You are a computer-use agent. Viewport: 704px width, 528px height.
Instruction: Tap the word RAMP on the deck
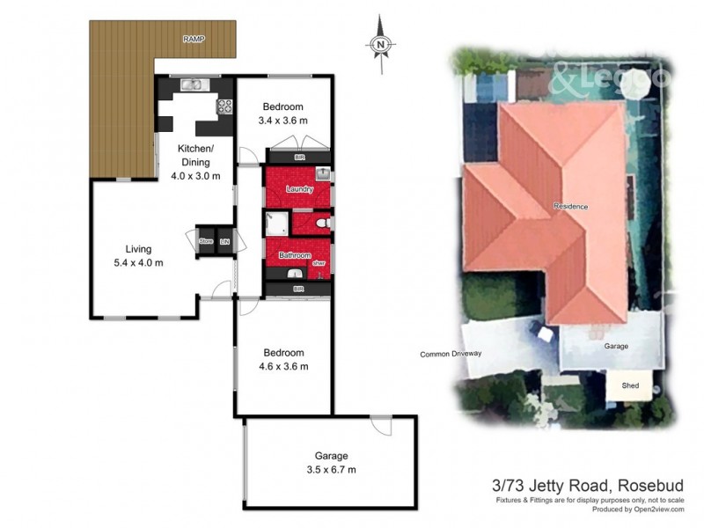[x=193, y=40]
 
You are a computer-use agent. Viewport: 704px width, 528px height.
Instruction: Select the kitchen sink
[x=193, y=85]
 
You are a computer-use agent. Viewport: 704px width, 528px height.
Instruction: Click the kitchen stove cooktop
[x=224, y=107]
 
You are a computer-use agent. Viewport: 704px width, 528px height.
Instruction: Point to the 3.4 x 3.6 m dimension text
[x=282, y=121]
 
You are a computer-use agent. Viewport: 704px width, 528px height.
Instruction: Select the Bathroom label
[x=295, y=255]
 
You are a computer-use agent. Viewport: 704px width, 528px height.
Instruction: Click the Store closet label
[x=207, y=241]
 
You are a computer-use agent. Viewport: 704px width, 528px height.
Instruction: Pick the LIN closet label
[x=224, y=241]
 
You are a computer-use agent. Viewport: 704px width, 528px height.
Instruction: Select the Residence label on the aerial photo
[x=570, y=206]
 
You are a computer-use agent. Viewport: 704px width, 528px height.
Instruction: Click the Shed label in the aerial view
[x=630, y=385]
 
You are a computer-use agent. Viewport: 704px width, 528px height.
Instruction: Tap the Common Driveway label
[x=452, y=355]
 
